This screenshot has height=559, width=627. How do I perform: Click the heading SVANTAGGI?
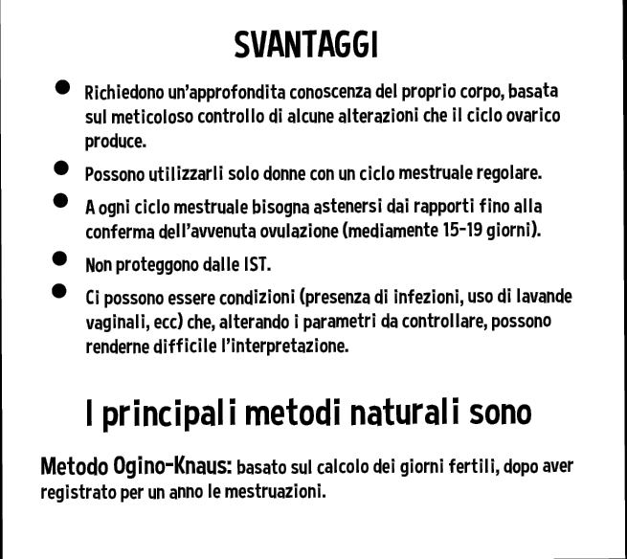[x=305, y=44]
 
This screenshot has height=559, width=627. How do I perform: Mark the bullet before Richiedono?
[x=60, y=88]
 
